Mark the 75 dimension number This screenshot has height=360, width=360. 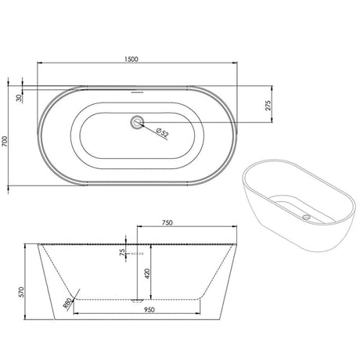point(123,252)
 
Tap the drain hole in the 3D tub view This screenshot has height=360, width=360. point(306,214)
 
